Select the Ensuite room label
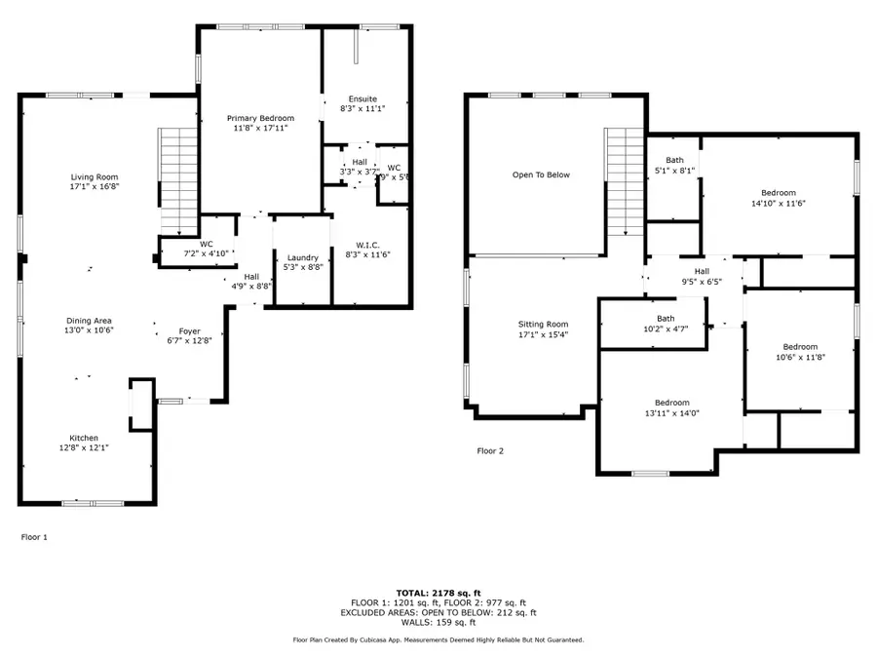click(x=363, y=99)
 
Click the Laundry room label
click(x=302, y=257)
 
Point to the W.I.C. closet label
click(x=367, y=245)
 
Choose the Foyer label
click(x=189, y=331)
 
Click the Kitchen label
click(x=83, y=438)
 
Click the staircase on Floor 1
click(x=178, y=180)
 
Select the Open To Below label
click(x=541, y=175)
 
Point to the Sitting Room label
click(x=543, y=325)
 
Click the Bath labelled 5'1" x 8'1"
click(x=675, y=160)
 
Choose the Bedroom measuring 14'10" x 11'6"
click(x=779, y=193)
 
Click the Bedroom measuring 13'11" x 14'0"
click(x=671, y=404)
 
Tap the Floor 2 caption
click(x=490, y=451)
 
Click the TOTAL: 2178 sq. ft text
click(x=438, y=593)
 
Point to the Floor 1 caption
click(x=34, y=537)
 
